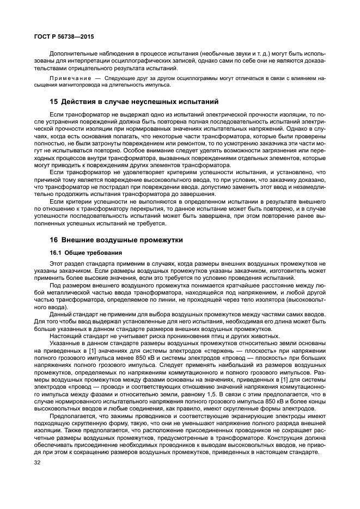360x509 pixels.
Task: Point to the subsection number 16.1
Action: [55, 253]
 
